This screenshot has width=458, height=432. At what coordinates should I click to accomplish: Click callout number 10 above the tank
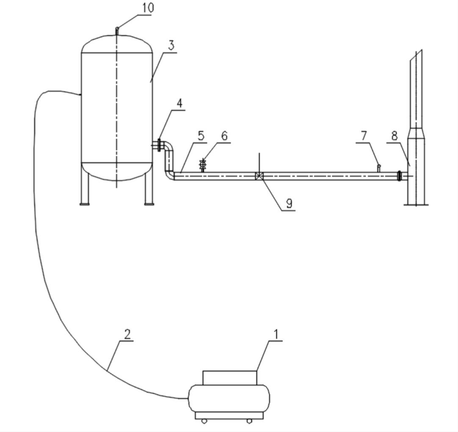148,8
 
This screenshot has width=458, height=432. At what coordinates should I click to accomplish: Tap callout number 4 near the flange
180,103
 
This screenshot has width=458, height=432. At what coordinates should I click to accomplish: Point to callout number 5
201,136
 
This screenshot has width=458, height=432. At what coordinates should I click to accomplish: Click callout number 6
224,136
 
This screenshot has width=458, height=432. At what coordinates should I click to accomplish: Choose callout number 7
364,136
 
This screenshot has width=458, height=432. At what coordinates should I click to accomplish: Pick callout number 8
395,136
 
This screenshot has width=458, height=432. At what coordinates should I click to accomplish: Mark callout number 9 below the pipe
289,203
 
